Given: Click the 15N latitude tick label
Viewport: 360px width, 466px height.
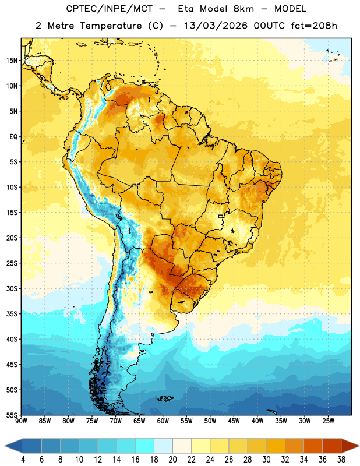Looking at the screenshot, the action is point(12,61).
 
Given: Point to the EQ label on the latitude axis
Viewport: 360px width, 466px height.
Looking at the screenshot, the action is point(13,137).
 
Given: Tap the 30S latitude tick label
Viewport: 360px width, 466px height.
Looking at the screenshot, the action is point(12,288).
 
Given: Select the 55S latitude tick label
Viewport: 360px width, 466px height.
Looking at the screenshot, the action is point(12,415).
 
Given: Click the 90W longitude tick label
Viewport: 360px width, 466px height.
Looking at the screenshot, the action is point(21,421).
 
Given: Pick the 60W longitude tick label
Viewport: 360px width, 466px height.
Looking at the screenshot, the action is point(163,421).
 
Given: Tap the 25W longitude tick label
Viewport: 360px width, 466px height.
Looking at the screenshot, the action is point(328,421).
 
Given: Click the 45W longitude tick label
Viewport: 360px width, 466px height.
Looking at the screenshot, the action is point(234,421).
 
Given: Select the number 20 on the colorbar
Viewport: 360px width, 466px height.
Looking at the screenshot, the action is point(172,460).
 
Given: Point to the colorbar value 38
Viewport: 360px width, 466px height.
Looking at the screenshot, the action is point(341,460).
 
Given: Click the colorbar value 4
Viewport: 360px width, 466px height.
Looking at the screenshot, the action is point(23,460).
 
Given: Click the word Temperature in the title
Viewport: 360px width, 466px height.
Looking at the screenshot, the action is point(111,26).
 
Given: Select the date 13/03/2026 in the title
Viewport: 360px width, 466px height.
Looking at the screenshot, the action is point(216,26).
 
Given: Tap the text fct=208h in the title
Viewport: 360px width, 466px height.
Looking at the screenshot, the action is point(314,26).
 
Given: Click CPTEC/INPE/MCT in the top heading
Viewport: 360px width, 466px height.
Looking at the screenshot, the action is point(110,9).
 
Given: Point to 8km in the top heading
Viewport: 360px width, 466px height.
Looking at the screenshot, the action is point(243,9).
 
